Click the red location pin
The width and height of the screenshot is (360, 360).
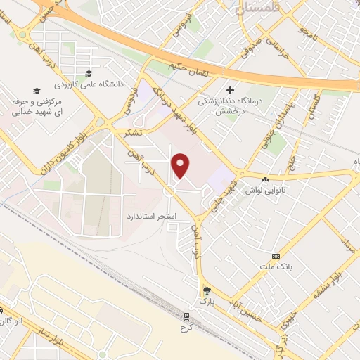tap(181, 166)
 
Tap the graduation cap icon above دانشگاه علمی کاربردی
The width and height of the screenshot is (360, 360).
tap(88, 74)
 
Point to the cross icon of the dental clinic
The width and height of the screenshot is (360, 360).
tap(229, 90)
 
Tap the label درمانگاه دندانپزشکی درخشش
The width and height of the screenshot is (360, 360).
tap(229, 105)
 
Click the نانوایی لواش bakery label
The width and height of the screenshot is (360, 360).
tap(263, 190)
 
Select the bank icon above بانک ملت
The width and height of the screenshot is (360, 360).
tap(276, 256)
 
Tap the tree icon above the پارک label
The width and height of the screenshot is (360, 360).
tap(205, 290)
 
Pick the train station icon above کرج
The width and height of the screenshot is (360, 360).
tap(186, 317)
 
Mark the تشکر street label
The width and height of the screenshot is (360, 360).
tap(131, 132)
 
